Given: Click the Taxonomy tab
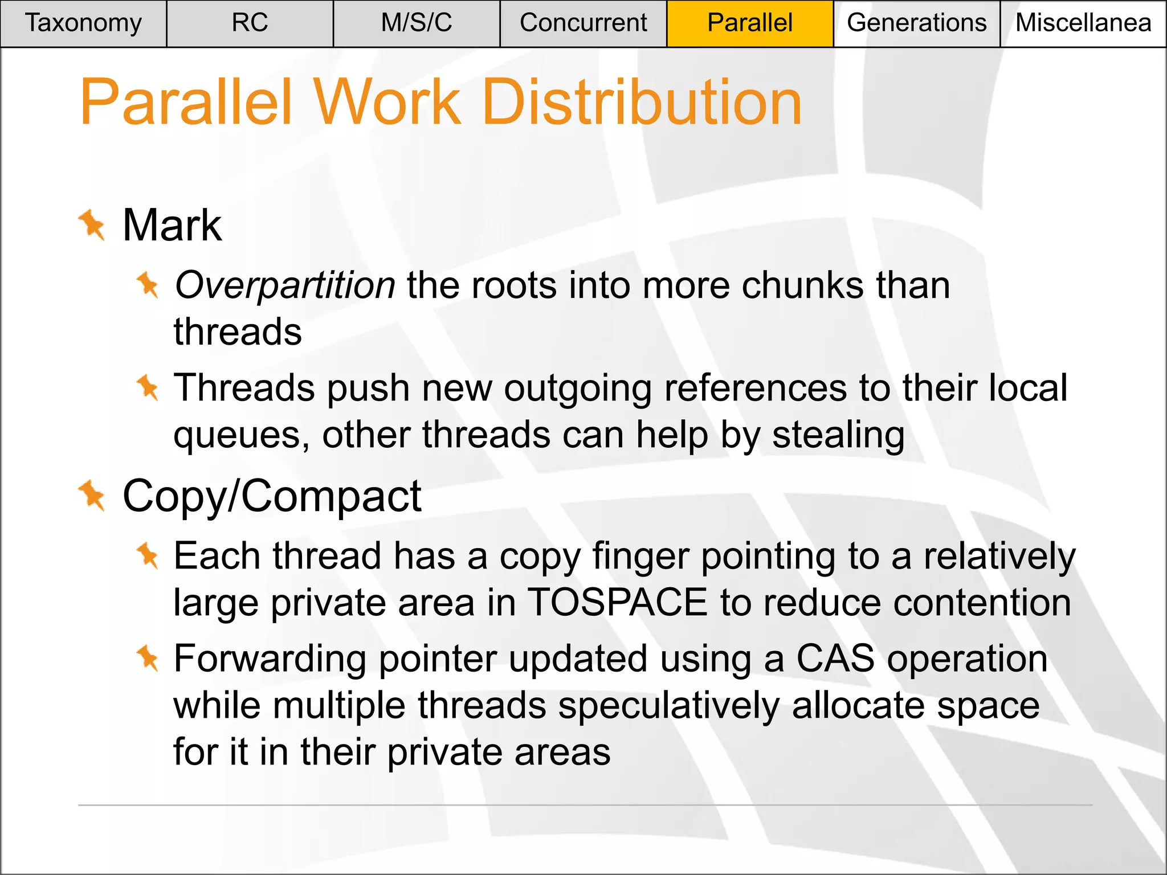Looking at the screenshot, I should tap(83, 23).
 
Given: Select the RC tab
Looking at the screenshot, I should tap(250, 23).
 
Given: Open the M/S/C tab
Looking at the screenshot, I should tap(417, 23).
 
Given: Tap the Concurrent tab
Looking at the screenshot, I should tap(583, 23).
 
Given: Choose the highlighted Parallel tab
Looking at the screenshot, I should tap(750, 23).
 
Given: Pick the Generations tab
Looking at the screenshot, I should tap(916, 23).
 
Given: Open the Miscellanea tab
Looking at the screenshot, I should tap(1083, 23).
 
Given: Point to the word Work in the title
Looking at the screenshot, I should tap(387, 103).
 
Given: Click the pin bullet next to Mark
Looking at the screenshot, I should tap(92, 225).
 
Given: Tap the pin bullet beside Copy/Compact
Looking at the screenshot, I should tap(92, 496).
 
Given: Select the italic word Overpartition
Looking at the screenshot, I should tap(284, 285).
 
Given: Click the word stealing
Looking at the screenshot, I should tap(838, 435).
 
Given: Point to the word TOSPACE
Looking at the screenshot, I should tap(617, 603).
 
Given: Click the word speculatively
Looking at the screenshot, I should tap(669, 706).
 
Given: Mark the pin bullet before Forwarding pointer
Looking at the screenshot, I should tap(148, 658).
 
